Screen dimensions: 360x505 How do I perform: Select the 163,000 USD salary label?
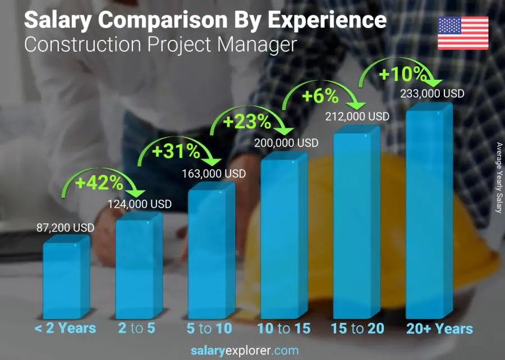[x=213, y=174]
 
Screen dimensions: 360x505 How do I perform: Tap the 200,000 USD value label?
[x=286, y=143]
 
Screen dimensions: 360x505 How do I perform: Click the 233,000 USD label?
[x=432, y=94]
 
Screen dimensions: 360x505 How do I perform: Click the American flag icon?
[x=463, y=33]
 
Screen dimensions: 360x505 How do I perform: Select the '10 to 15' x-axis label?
[x=283, y=329]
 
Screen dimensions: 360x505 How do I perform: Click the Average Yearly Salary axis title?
[x=498, y=177]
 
